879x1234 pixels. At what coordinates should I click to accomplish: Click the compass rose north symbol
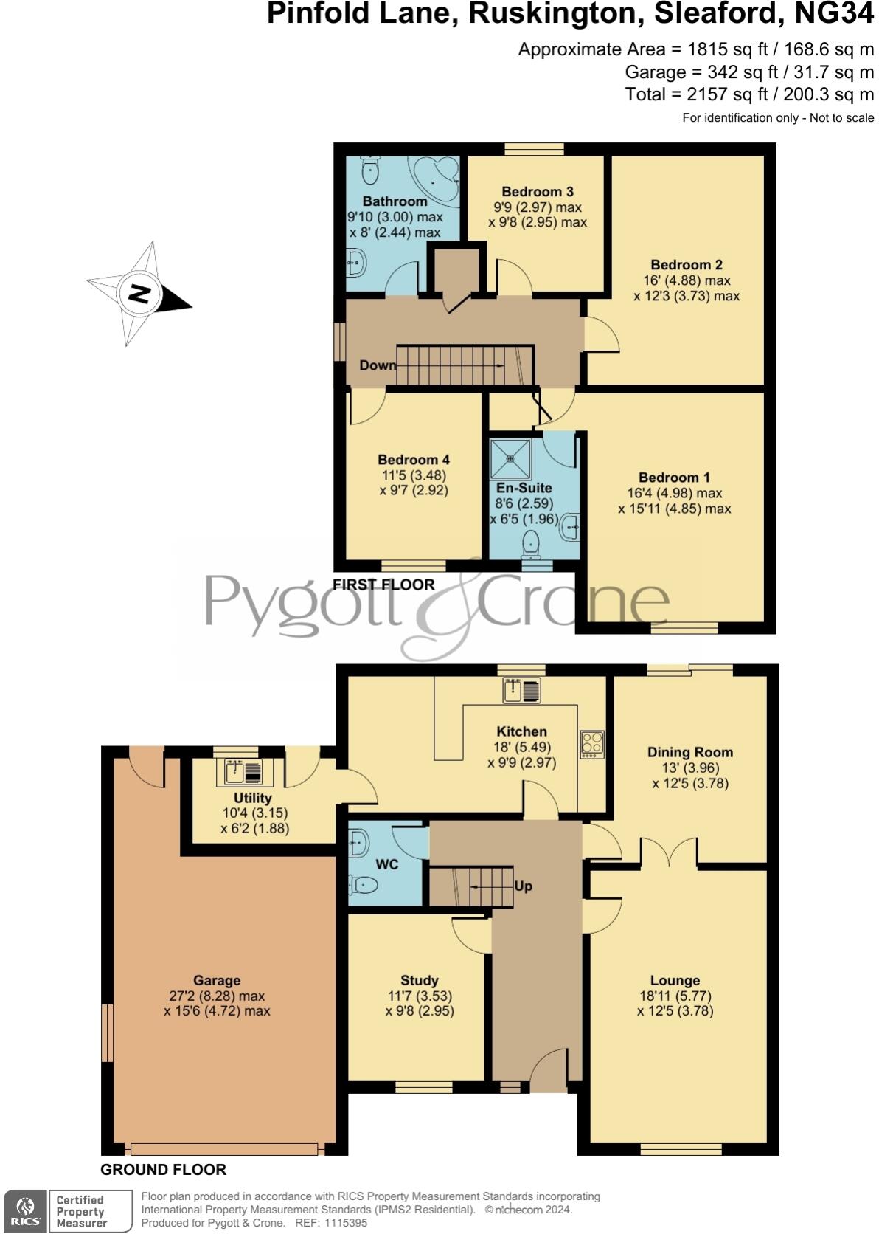(x=139, y=293)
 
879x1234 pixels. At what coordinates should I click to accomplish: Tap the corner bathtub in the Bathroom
(x=437, y=178)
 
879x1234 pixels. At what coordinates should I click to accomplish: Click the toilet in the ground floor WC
(x=364, y=884)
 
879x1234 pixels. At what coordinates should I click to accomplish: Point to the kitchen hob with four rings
(x=592, y=744)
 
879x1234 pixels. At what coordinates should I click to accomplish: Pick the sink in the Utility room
(x=243, y=772)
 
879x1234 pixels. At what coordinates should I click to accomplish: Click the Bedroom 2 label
(x=686, y=264)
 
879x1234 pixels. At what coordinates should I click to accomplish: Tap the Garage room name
(x=217, y=980)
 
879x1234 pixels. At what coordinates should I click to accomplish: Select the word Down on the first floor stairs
(x=377, y=365)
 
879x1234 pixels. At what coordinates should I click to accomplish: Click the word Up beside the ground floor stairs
(x=523, y=886)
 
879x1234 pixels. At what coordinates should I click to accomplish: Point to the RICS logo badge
(x=24, y=1211)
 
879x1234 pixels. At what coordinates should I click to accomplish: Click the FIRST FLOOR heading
(x=383, y=585)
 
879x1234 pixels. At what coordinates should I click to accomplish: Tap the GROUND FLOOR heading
(x=163, y=1169)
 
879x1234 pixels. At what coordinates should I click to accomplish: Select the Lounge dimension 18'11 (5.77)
(x=675, y=996)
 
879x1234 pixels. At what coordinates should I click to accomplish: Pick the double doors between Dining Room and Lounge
(x=668, y=852)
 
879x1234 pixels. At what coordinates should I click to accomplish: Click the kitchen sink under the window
(x=522, y=690)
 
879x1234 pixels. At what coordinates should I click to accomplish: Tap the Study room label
(x=420, y=980)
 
